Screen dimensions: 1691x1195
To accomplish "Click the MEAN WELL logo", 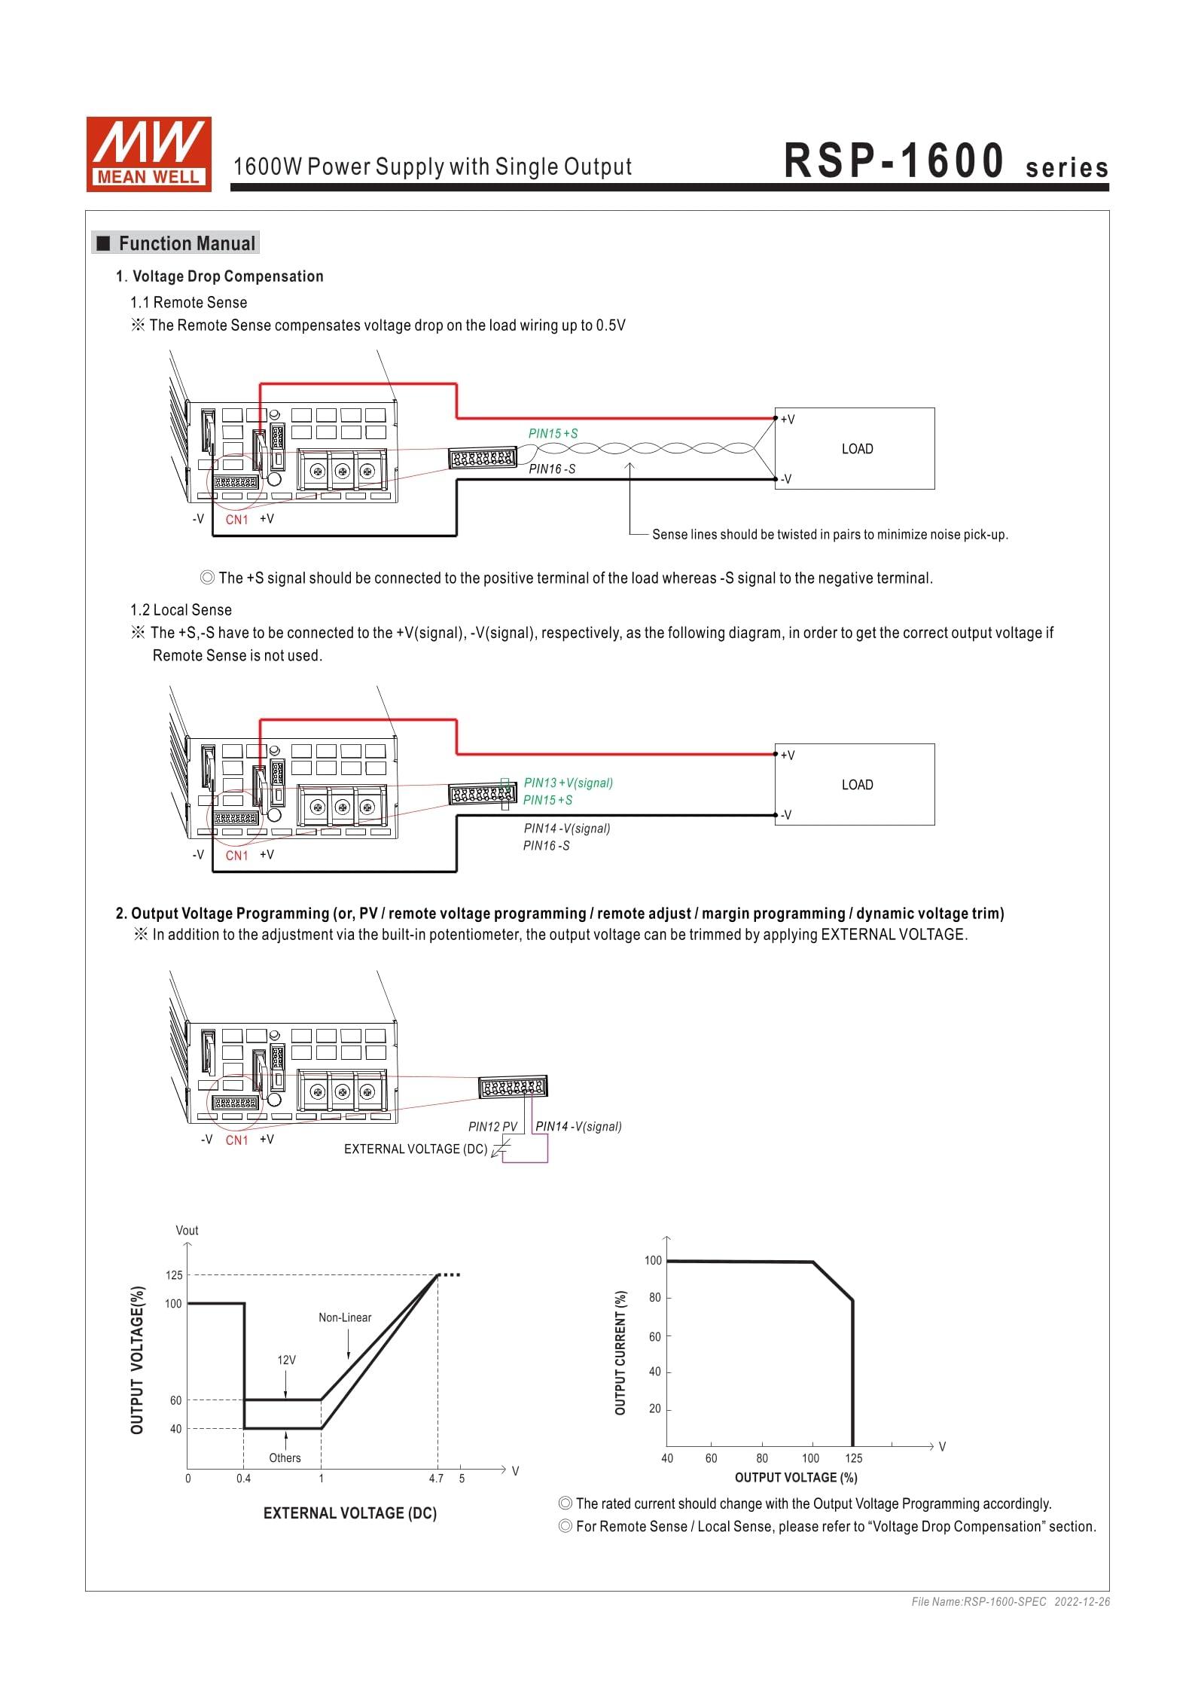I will click(x=148, y=154).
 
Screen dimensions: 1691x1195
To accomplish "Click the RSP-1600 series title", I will click(x=946, y=161).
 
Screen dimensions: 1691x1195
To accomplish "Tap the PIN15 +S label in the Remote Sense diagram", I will click(x=553, y=433).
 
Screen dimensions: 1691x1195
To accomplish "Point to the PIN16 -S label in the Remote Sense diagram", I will click(x=552, y=469).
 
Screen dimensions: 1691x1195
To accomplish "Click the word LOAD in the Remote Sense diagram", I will click(x=857, y=449).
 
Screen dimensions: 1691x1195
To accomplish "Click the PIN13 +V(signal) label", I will click(x=569, y=783).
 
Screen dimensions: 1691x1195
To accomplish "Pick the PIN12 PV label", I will click(x=492, y=1127).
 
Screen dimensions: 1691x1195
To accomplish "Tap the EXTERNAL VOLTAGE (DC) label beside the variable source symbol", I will click(x=416, y=1149).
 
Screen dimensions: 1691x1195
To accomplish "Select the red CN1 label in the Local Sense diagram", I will click(x=236, y=855).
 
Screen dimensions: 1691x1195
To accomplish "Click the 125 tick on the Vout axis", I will click(x=174, y=1275).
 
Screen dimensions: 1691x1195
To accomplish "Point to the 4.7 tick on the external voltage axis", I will click(x=436, y=1479).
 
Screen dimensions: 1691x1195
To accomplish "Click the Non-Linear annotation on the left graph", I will click(x=345, y=1317).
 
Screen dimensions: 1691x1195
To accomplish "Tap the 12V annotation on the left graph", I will click(x=286, y=1360).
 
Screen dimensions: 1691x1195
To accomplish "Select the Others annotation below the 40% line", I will click(x=285, y=1457).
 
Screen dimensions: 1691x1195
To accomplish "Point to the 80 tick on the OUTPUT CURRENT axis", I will click(x=654, y=1298).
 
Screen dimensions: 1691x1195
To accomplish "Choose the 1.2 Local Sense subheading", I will click(x=181, y=610).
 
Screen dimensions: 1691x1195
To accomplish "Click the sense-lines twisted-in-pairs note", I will click(x=829, y=535).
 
